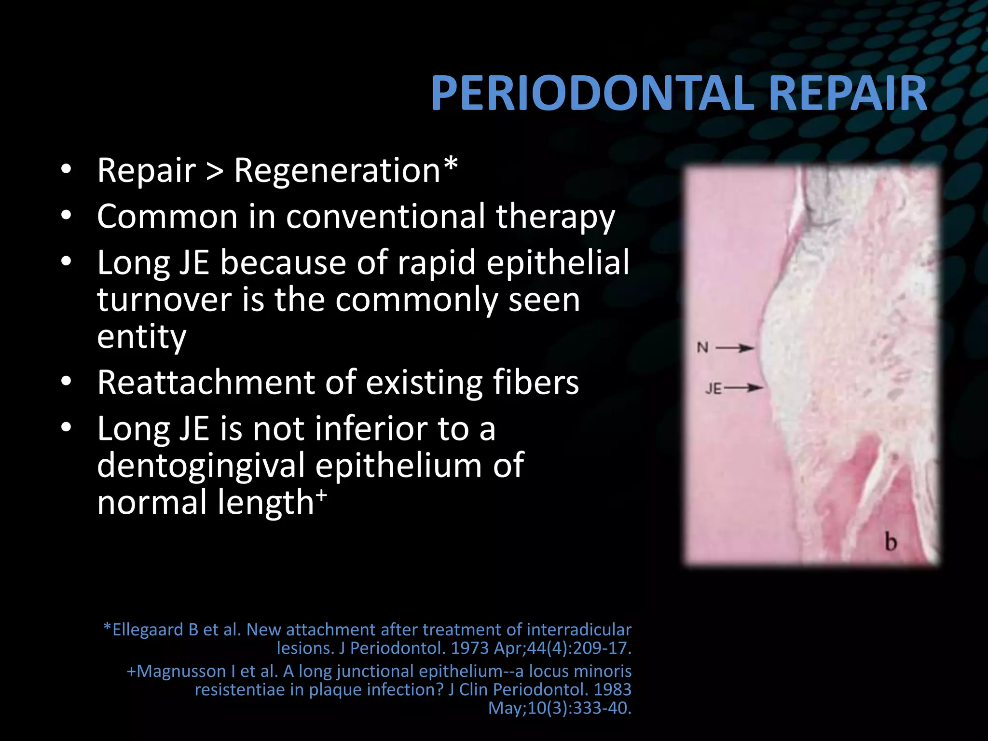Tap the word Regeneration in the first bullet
[x=337, y=171]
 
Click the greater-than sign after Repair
[x=215, y=172]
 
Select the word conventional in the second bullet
[x=385, y=217]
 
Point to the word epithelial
[x=558, y=263]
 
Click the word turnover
[x=164, y=300]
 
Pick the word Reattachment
[x=206, y=383]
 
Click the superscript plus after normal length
[x=322, y=495]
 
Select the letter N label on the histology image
[x=702, y=347]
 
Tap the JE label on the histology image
[x=713, y=388]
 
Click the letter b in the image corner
[x=891, y=542]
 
